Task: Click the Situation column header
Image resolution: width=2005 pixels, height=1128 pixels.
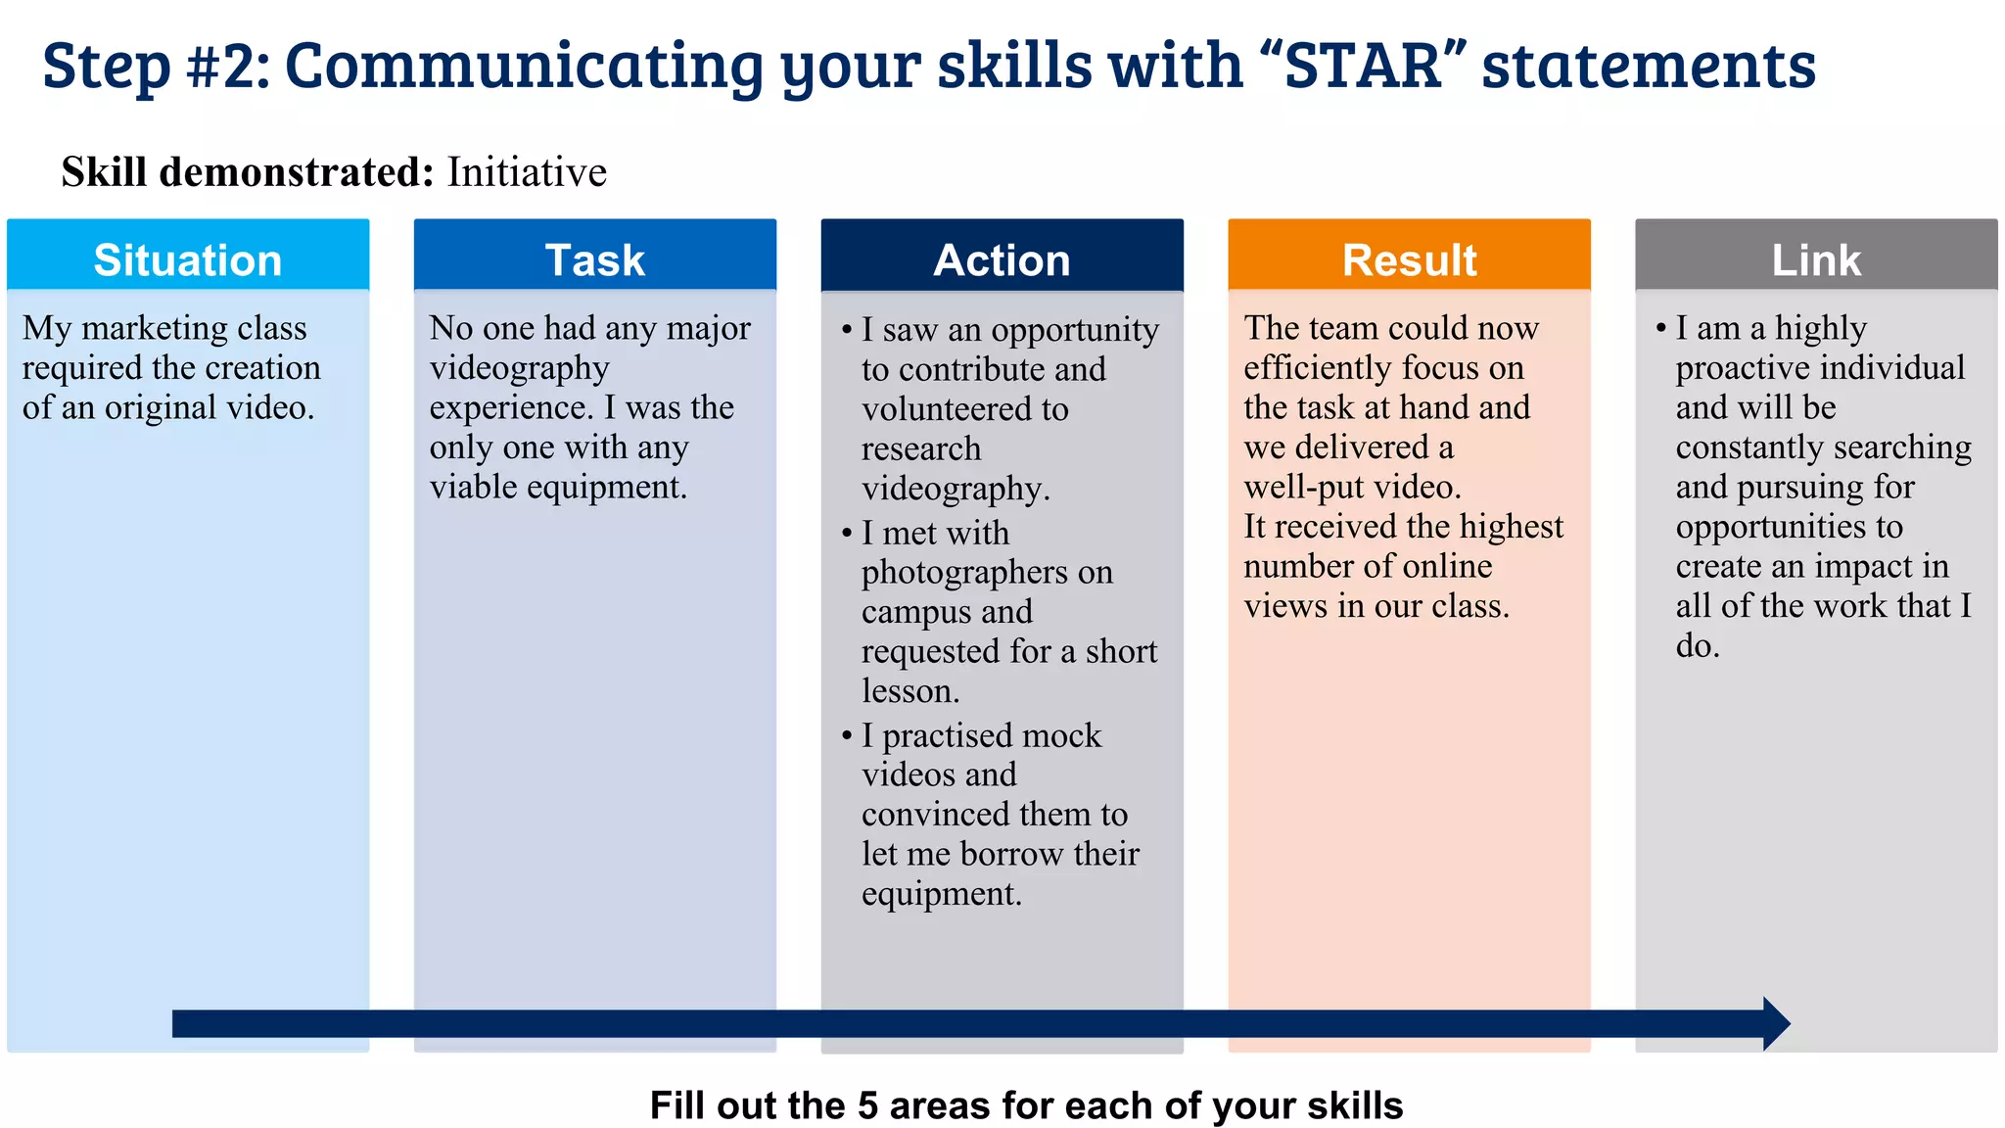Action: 188,259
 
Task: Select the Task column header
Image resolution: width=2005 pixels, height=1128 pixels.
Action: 594,259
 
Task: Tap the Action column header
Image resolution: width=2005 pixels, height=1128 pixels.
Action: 1002,259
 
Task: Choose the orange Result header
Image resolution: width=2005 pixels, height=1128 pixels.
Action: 1409,259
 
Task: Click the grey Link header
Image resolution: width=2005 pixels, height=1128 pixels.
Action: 1816,259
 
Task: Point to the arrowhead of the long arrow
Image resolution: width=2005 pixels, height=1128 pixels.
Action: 1776,1024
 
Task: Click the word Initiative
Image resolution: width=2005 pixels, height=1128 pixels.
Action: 527,172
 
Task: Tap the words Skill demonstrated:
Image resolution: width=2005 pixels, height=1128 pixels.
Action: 247,172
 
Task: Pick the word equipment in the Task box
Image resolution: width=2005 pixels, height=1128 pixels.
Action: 619,487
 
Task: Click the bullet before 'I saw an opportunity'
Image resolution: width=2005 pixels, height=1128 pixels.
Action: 847,331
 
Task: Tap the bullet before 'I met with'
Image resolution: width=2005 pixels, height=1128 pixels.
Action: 847,534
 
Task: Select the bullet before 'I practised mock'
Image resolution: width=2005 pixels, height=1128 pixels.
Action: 847,736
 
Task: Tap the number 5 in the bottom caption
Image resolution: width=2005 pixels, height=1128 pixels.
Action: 867,1105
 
